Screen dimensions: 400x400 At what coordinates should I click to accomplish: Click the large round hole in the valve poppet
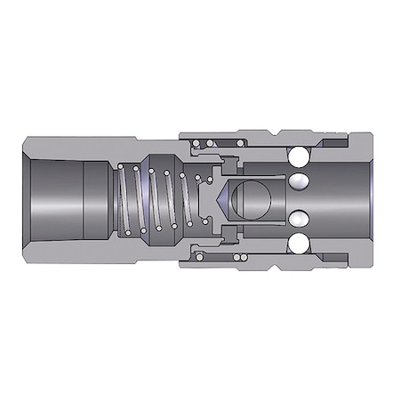[247, 199]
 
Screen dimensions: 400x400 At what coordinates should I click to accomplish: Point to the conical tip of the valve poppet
[212, 199]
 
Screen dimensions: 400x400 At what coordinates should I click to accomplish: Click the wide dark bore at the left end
[53, 199]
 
